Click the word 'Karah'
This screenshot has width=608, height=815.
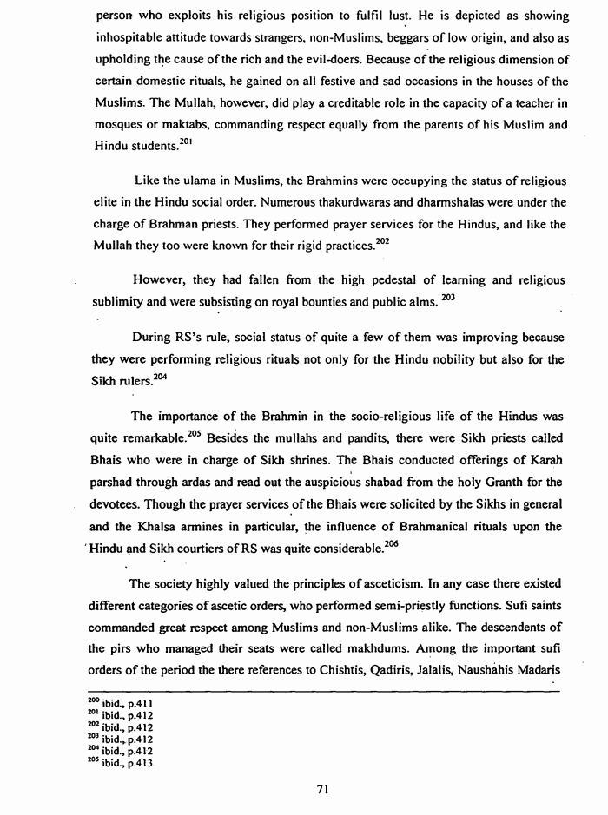click(549, 457)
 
